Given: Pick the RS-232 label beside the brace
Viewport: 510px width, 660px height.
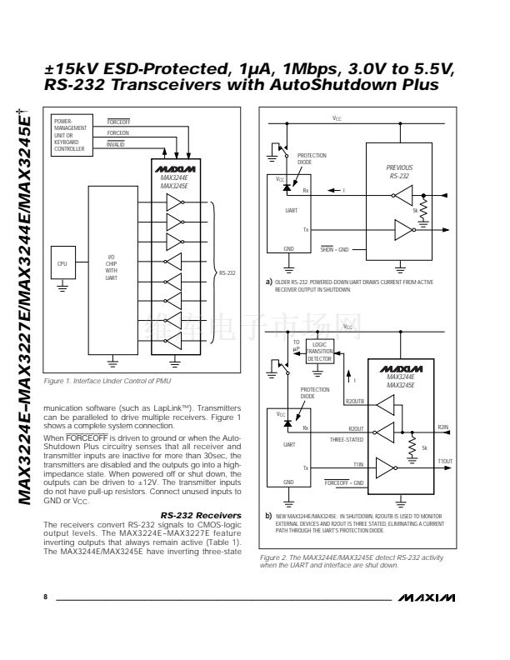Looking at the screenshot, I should [227, 272].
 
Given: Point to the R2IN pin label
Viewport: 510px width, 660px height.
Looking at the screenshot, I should [442, 427].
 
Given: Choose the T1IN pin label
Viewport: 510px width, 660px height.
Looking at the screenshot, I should [357, 464].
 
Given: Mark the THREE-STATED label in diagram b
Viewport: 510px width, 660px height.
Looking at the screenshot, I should [345, 439].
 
